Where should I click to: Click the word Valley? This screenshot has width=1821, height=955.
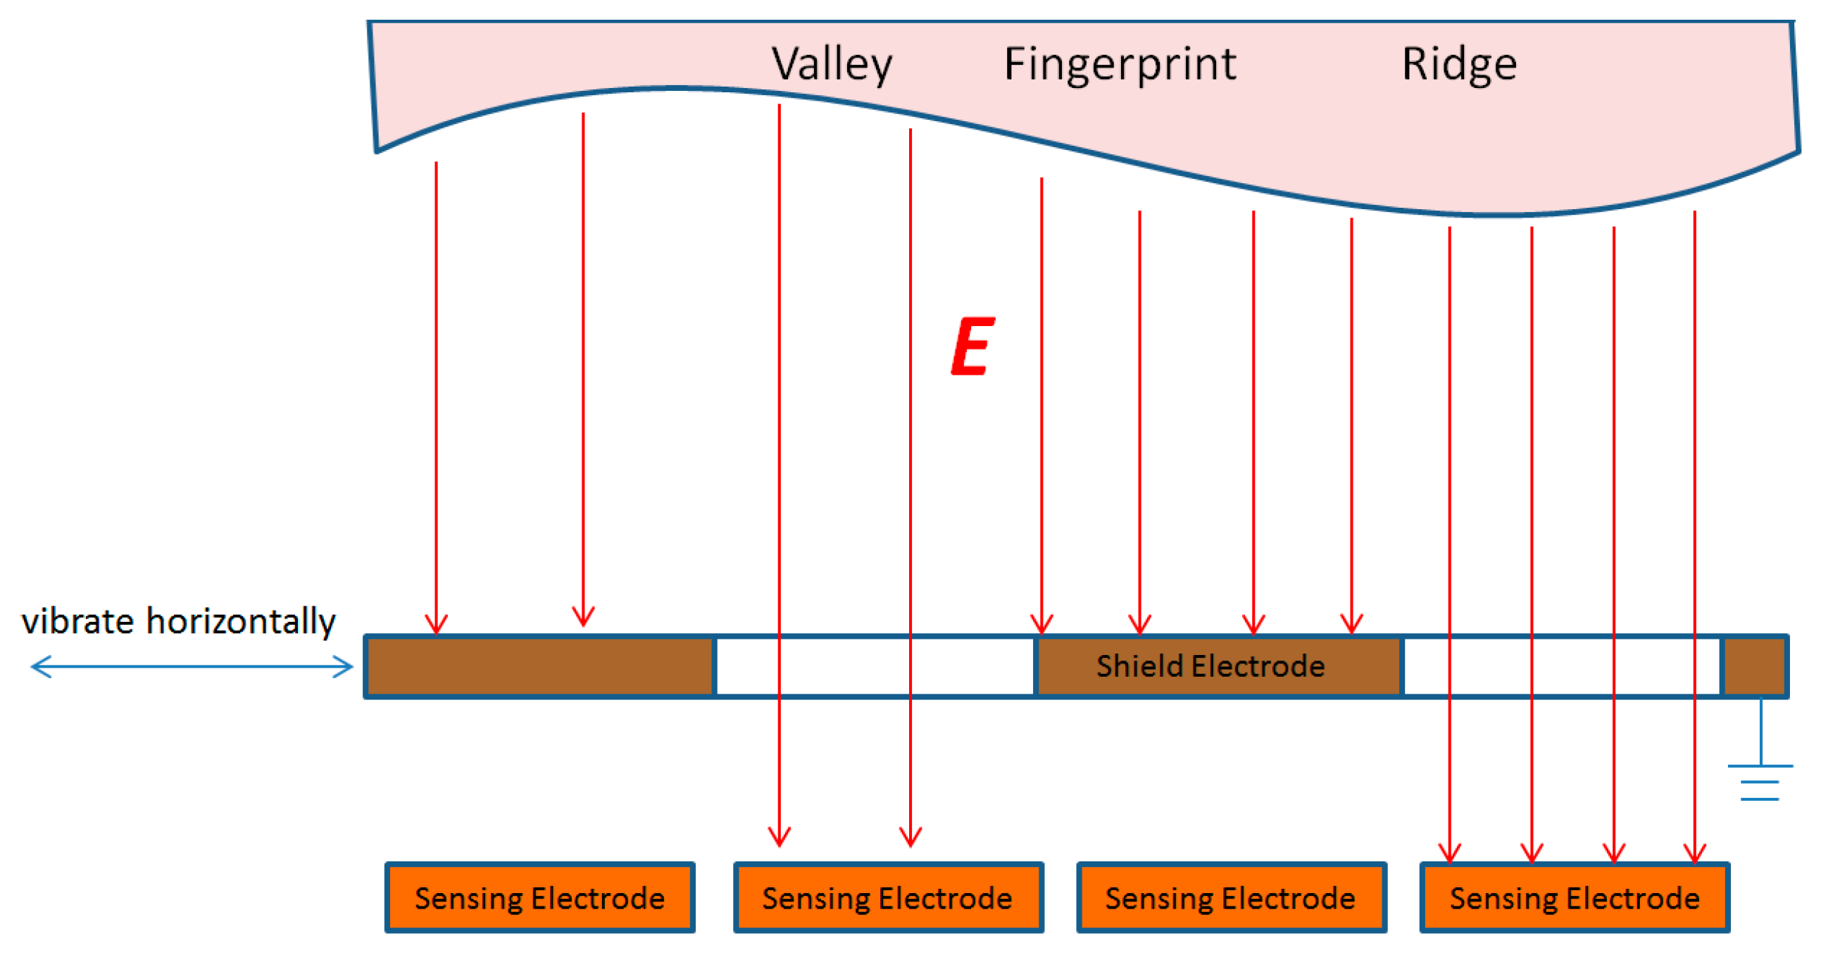pos(832,64)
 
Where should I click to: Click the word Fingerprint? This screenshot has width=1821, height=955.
pos(1120,64)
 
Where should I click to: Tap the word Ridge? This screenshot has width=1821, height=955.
pos(1459,64)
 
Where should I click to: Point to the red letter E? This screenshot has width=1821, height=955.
pos(972,347)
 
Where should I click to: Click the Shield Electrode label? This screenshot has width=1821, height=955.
pos(1210,666)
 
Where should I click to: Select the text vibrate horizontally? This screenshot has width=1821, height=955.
pos(178,621)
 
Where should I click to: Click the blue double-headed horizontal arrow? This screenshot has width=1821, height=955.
pos(192,666)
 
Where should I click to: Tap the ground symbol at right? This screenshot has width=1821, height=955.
pos(1760,782)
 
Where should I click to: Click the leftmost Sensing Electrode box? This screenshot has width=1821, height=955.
pos(540,898)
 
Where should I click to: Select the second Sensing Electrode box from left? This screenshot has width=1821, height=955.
pos(888,898)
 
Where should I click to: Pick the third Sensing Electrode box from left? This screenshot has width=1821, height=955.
pos(1231,898)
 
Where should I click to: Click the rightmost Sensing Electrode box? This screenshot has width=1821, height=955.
pos(1575,898)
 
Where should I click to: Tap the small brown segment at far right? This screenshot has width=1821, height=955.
pos(1755,666)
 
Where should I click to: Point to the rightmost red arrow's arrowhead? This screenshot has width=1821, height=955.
pos(1694,854)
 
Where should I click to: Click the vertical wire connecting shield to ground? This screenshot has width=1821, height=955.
pos(1760,731)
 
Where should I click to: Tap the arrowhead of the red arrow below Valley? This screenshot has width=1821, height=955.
pos(779,837)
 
